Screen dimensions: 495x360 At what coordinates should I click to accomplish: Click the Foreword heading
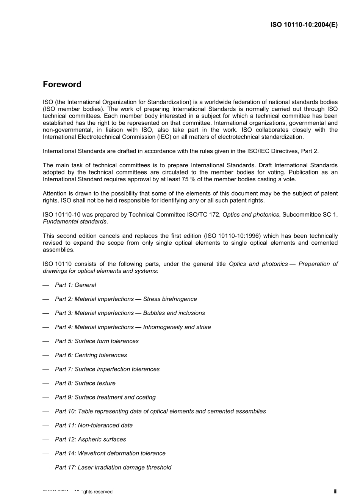[62, 85]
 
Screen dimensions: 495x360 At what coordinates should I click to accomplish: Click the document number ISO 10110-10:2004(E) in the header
[304, 25]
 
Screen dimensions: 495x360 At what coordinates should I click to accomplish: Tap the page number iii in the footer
[335, 491]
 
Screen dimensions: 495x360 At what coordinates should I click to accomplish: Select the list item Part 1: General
[75, 285]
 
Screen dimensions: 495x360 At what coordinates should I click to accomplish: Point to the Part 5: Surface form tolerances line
[97, 341]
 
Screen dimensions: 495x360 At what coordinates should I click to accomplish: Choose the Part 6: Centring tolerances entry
[91, 355]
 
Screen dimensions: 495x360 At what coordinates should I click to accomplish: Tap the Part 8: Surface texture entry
[85, 383]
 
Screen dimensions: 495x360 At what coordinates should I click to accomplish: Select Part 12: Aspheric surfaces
[90, 440]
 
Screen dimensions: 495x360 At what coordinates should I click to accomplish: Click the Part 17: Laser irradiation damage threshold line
[113, 468]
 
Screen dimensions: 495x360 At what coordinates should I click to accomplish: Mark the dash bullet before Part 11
[46, 426]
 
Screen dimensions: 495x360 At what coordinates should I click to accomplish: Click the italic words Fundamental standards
[75, 222]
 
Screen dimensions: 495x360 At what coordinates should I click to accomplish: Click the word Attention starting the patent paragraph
[55, 193]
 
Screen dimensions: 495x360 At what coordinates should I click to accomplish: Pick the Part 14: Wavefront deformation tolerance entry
[110, 454]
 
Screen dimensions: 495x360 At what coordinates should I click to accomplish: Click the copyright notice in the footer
[78, 492]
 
